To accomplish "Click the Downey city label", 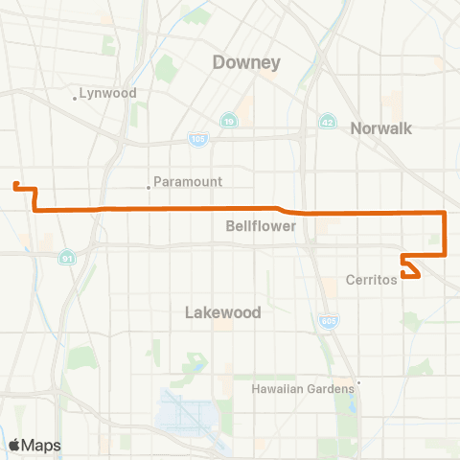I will pyautogui.click(x=246, y=63).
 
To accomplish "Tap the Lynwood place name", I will pyautogui.click(x=108, y=93).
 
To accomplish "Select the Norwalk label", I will pyautogui.click(x=380, y=127).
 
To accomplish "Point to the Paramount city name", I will pyautogui.click(x=188, y=181).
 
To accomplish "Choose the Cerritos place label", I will pyautogui.click(x=370, y=282).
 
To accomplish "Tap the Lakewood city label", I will pyautogui.click(x=221, y=312).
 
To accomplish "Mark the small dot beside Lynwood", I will pyautogui.click(x=75, y=97).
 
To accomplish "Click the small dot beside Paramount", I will pyautogui.click(x=148, y=187).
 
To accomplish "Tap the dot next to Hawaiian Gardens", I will pyautogui.click(x=357, y=383).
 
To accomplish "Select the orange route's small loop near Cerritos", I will pyautogui.click(x=410, y=267).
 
